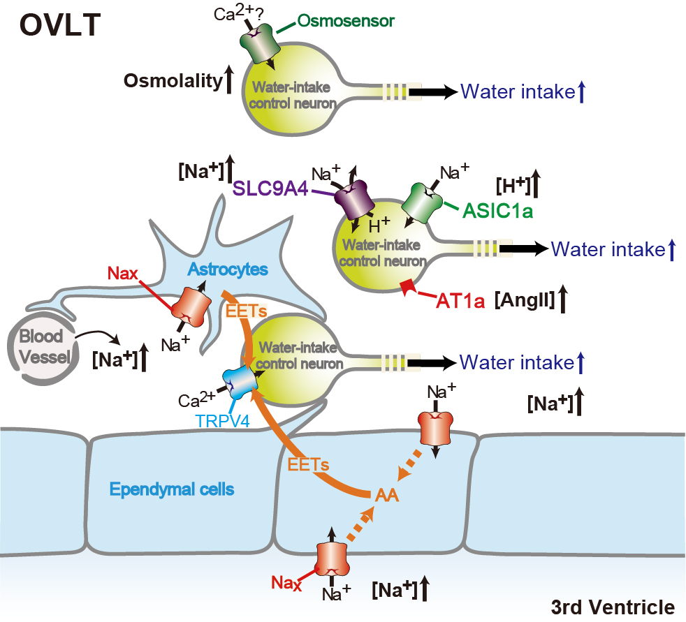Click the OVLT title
coord(60,25)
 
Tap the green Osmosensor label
coord(346,20)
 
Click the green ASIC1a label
coord(498,211)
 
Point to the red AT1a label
coord(460,301)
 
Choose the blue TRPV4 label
coord(223,421)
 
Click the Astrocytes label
coord(228,269)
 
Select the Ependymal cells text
coord(172,489)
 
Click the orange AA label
coord(387,495)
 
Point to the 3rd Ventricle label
coord(613,607)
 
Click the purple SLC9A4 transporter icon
coord(354,200)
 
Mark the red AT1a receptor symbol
coord(408,287)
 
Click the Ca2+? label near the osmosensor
coord(238,13)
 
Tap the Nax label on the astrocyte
coord(123,274)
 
